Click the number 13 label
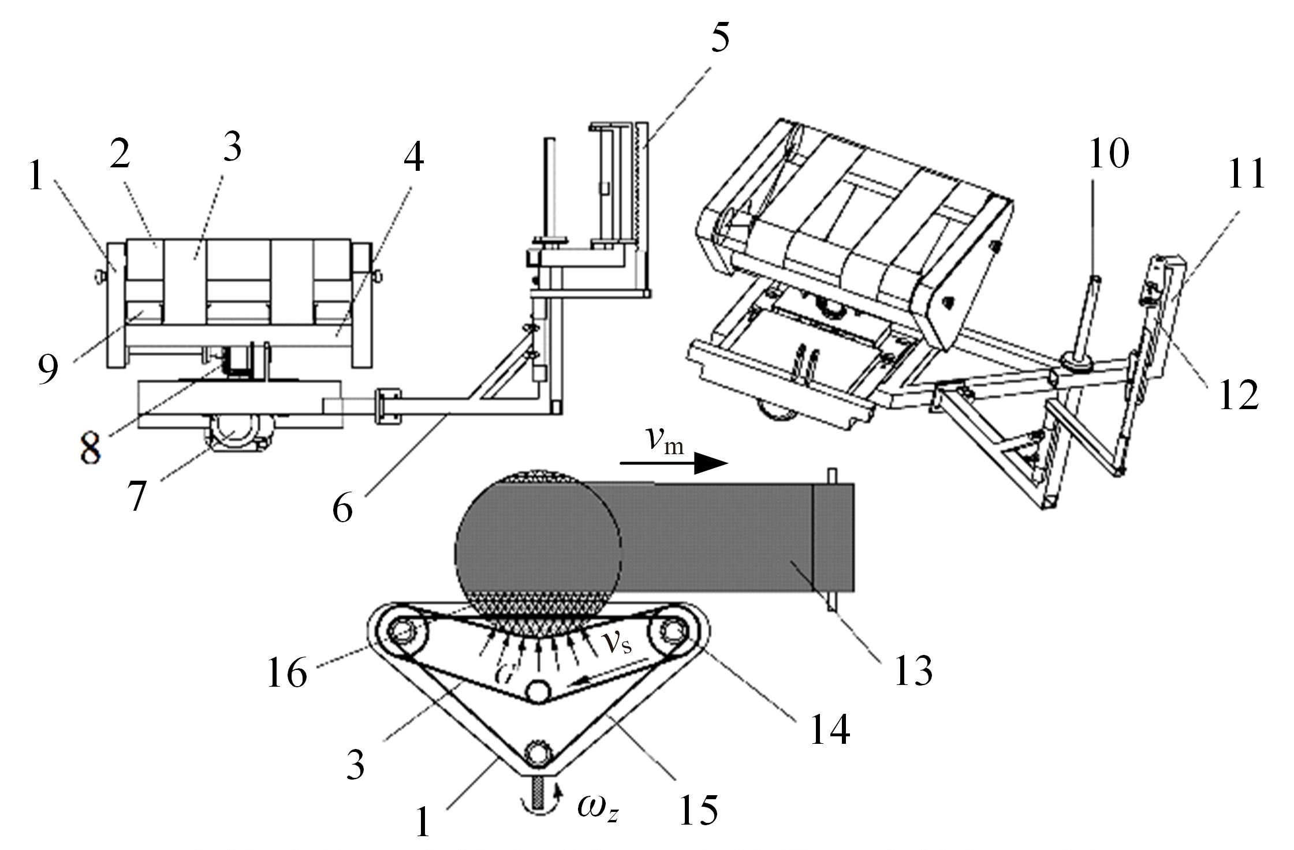(x=913, y=670)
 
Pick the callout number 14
(x=830, y=729)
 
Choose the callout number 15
(x=699, y=808)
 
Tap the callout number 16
(x=287, y=672)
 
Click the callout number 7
(x=136, y=495)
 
